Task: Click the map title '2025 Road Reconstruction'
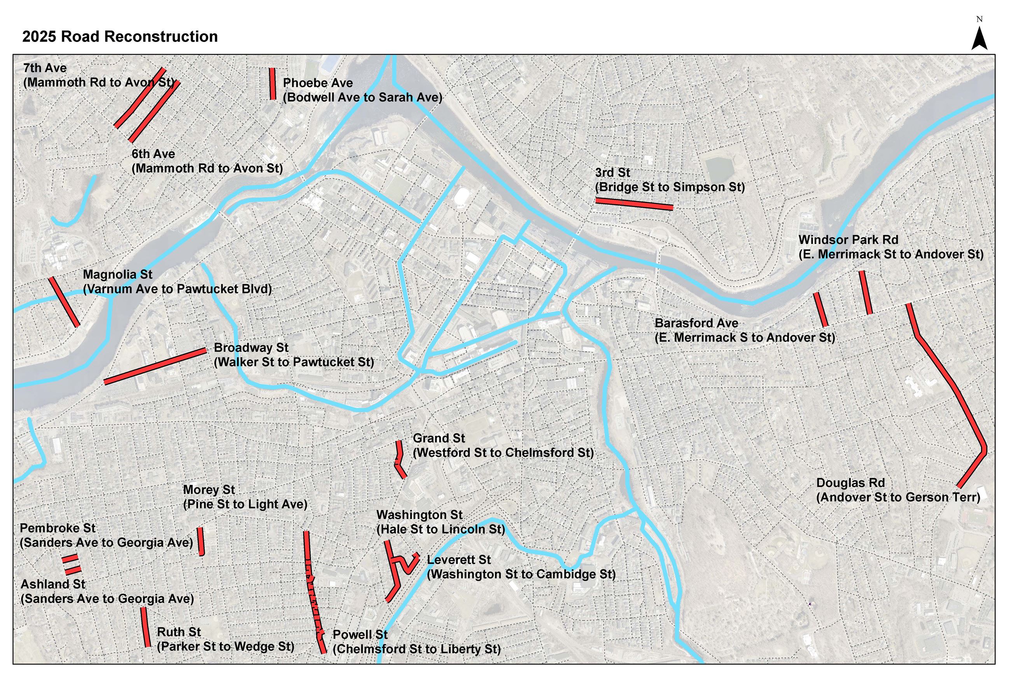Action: coord(120,37)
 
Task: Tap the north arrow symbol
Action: coord(979,39)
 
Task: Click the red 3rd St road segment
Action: coord(634,204)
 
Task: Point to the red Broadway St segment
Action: coord(155,366)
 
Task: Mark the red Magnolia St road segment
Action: coord(64,302)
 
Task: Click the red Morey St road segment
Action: coord(201,541)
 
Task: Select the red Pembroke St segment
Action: coord(70,559)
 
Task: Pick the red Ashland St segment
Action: coord(73,571)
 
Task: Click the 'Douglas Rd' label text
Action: coord(850,483)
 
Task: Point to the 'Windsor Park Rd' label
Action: coord(848,240)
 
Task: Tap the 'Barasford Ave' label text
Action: coord(696,323)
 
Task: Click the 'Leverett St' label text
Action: coord(458,560)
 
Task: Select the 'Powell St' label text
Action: coord(360,634)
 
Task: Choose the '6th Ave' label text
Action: coord(153,154)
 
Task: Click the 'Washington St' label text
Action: coord(419,515)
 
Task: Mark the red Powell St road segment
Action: coord(313,593)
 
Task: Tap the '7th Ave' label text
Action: coord(45,68)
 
